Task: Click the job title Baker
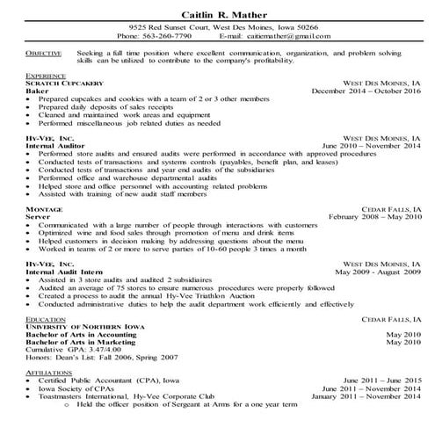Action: [x=39, y=91]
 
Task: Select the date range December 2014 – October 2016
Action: [x=362, y=91]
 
